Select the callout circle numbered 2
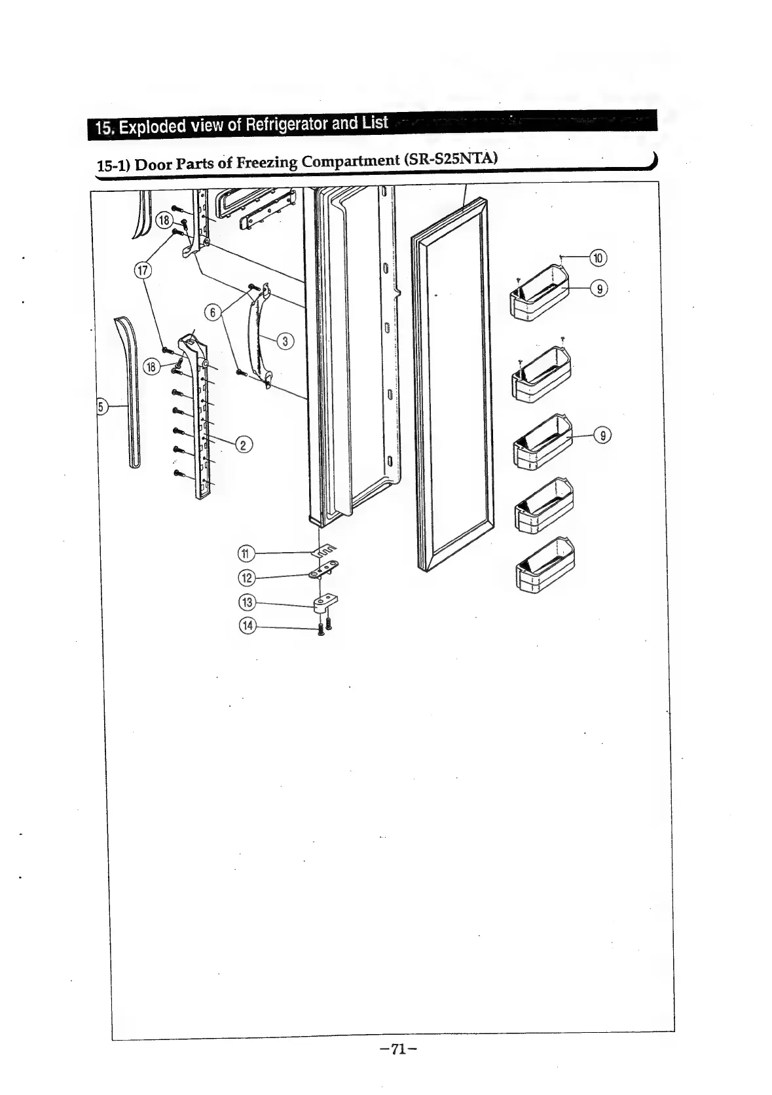244,445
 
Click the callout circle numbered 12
247,578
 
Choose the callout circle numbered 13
247,602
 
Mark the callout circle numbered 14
247,625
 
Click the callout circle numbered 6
211,312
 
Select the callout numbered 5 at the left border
101,407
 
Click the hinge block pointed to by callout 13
325,603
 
